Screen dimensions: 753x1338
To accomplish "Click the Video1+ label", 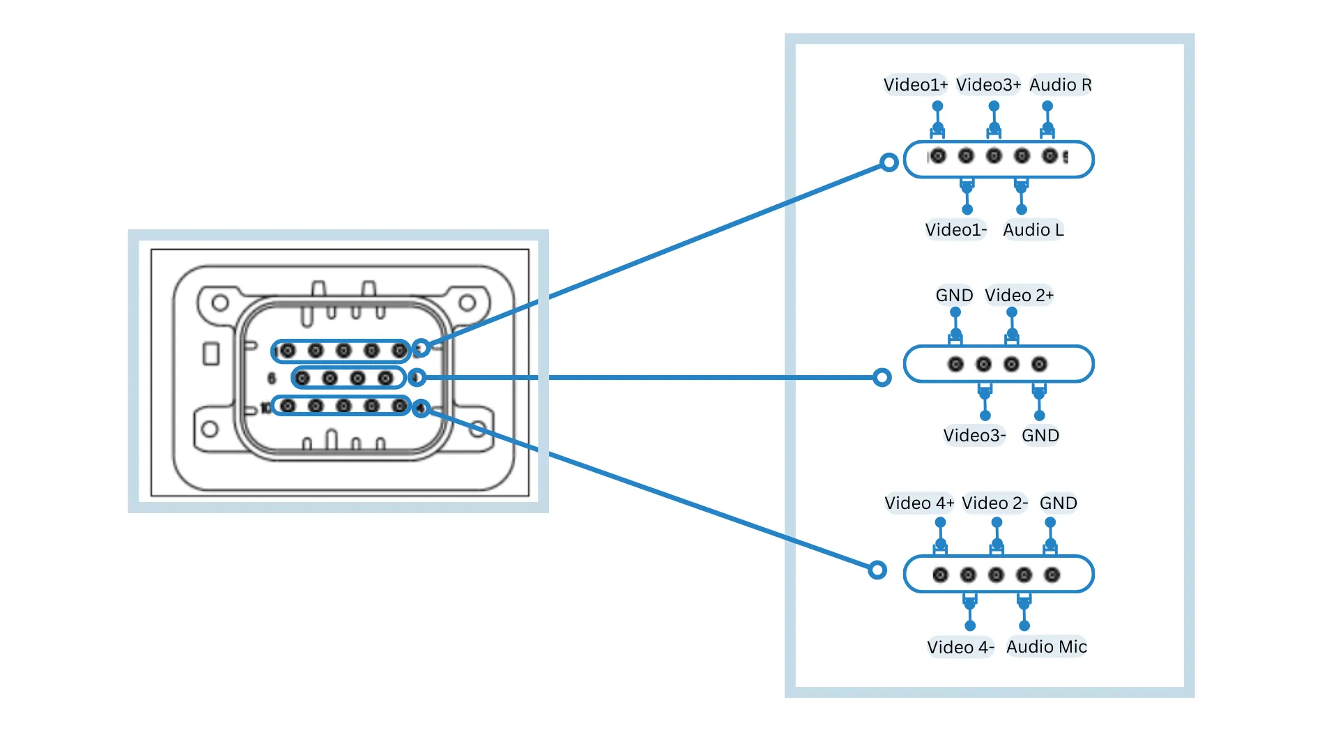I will tap(915, 85).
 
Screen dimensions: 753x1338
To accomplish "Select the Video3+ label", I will tap(988, 85).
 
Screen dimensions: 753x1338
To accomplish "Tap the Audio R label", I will tap(1060, 85).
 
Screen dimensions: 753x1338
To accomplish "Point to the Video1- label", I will tap(955, 230).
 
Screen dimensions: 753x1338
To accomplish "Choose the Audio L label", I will tap(1033, 230).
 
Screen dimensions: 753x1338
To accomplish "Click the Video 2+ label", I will tap(1019, 296).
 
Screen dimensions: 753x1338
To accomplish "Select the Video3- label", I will tap(974, 436).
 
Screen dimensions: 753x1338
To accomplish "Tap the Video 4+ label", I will tap(919, 503).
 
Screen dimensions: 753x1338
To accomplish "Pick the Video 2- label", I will tap(994, 503).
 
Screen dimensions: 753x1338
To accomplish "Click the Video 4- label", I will tap(960, 648).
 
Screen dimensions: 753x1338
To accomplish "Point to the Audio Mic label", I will tap(1046, 647).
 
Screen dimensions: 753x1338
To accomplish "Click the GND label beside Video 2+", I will tap(954, 296).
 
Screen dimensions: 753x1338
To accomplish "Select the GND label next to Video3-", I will tap(1040, 436).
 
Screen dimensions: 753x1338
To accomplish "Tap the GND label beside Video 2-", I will tap(1058, 503).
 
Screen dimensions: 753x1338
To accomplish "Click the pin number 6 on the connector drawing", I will tap(272, 379).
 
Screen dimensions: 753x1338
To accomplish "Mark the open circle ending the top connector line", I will tap(889, 162).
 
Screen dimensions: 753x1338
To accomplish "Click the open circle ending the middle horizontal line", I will tap(882, 377).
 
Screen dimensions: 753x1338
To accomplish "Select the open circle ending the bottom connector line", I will tap(877, 570).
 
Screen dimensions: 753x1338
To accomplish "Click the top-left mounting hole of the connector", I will tap(220, 303).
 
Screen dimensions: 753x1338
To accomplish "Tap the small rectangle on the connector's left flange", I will tap(211, 353).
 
